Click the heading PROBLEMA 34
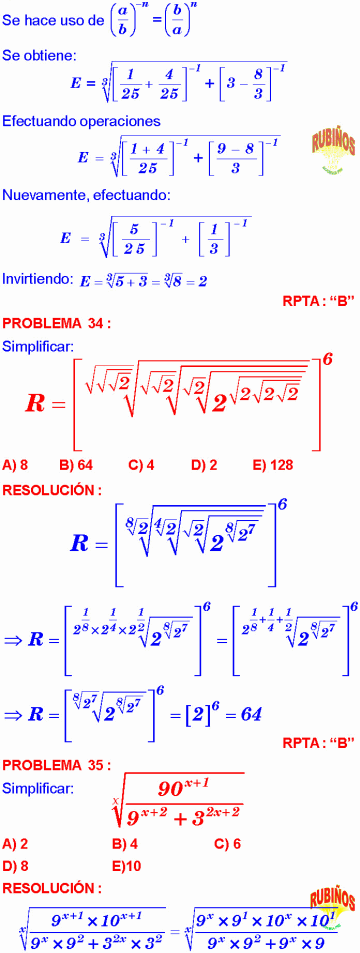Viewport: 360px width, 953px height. [56, 322]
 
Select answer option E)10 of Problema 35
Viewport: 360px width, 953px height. [128, 837]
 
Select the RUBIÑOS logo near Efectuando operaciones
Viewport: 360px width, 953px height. [321, 146]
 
